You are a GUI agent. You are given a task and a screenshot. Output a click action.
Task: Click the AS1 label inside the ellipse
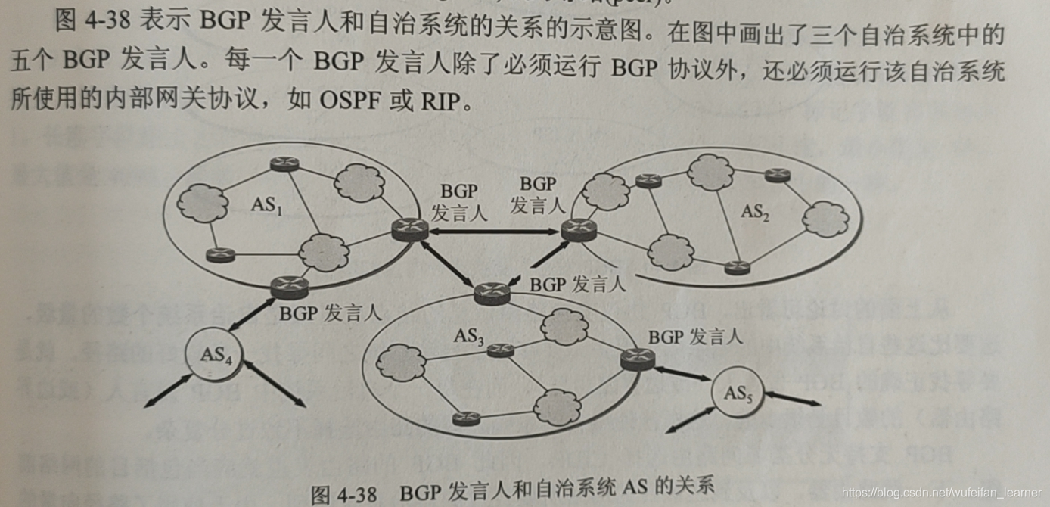point(267,205)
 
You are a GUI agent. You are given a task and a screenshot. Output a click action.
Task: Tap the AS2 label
point(755,213)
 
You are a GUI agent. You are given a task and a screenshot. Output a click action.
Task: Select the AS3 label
point(470,335)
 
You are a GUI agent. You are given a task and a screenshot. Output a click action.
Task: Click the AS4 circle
point(216,354)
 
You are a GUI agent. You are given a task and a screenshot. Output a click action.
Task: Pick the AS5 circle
point(736,393)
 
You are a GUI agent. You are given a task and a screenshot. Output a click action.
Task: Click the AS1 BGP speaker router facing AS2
point(410,228)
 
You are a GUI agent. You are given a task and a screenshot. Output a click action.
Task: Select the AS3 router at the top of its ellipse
point(492,291)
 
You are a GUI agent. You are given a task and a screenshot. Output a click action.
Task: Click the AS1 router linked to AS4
point(290,287)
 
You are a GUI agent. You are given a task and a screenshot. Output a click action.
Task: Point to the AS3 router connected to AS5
point(636,359)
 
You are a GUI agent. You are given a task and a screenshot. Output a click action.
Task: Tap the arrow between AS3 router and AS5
point(682,375)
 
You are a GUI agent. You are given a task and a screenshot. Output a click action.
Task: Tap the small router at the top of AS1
point(286,163)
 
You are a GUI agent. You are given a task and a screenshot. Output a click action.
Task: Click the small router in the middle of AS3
point(500,350)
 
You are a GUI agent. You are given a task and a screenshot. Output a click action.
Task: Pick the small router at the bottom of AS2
point(736,267)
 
